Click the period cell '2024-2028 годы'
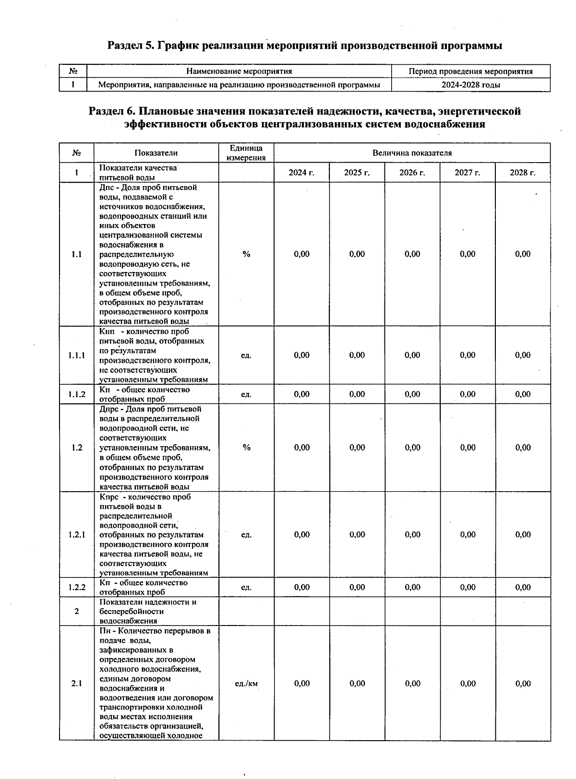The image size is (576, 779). [470, 85]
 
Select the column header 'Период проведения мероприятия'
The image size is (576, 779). [470, 71]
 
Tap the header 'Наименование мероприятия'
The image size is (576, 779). [239, 71]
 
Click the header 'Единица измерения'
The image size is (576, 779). [246, 153]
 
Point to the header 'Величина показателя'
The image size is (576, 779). [412, 153]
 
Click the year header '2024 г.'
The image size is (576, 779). [301, 173]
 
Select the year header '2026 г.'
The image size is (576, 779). [412, 173]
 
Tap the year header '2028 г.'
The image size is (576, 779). [523, 173]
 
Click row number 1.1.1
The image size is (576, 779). [77, 355]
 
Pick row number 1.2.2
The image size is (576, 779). [77, 587]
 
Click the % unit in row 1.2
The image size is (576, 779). [246, 448]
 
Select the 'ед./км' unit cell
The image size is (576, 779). [246, 684]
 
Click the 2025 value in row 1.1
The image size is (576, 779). [357, 254]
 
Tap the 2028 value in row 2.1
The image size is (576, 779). [523, 684]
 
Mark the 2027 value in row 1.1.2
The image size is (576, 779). [468, 394]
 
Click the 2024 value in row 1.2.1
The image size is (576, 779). [301, 535]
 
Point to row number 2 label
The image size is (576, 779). [77, 612]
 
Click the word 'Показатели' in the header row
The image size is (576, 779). [156, 153]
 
